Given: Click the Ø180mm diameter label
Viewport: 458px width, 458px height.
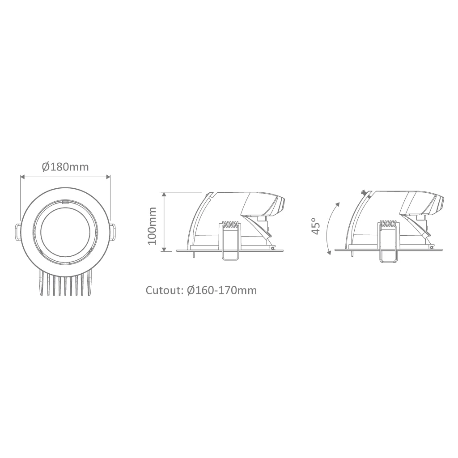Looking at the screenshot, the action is click(65, 167).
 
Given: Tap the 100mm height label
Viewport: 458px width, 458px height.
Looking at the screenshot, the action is click(152, 226).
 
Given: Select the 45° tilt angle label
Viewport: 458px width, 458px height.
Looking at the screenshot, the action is click(315, 226).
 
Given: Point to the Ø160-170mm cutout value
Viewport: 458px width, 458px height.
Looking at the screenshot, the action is click(222, 290).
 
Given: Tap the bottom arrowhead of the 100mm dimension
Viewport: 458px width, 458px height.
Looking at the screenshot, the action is click(164, 249).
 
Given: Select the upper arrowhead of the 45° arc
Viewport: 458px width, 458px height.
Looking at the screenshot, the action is click(338, 204).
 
